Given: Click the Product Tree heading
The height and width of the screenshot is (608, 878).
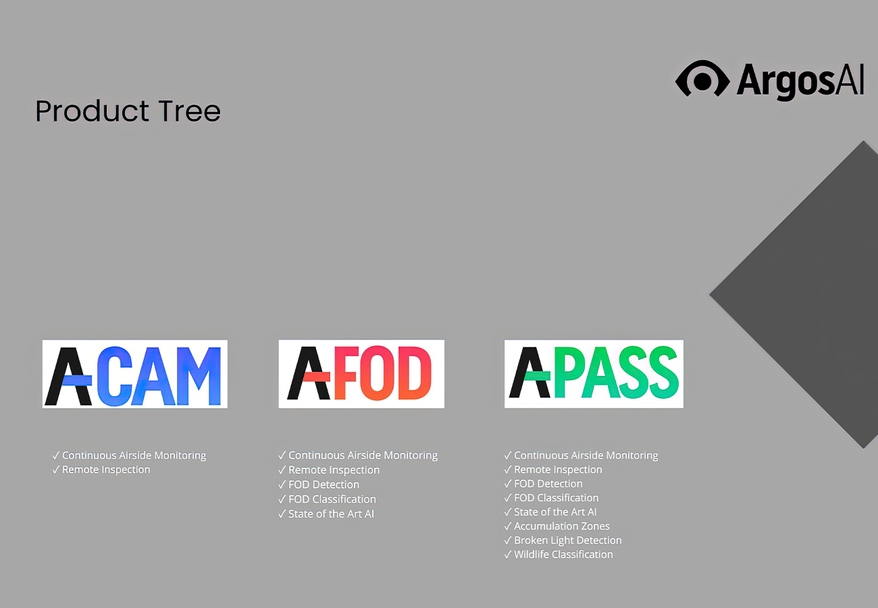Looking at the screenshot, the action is tap(128, 111).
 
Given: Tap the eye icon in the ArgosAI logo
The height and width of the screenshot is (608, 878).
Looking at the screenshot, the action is tap(702, 79).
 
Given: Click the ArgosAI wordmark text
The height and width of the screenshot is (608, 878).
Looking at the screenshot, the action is tap(800, 81).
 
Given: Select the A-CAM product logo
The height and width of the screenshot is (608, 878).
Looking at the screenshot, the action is tap(135, 374).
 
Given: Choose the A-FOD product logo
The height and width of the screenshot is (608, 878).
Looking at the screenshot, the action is tap(361, 374).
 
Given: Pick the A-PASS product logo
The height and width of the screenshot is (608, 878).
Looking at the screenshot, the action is tap(594, 374).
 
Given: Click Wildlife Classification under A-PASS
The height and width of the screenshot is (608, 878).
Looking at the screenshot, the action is tap(563, 555).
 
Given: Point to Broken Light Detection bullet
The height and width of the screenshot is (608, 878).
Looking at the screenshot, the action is tap(567, 540).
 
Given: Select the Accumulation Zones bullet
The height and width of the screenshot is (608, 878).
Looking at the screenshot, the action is tap(562, 526).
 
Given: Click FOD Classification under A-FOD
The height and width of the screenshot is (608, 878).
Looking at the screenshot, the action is tap(332, 499).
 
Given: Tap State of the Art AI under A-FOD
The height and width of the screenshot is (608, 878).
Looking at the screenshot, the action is tap(331, 514).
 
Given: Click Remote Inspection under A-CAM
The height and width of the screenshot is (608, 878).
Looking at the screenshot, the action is tap(106, 470).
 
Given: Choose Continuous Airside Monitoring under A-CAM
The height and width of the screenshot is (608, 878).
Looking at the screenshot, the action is tap(134, 455).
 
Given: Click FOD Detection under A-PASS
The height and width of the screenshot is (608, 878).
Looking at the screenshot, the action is tap(548, 484).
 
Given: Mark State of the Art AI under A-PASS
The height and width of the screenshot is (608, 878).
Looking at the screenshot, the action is tap(555, 512).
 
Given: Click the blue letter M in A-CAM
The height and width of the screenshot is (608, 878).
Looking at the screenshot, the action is tap(199, 376).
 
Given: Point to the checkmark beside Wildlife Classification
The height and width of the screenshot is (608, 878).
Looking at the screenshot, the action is tap(508, 555).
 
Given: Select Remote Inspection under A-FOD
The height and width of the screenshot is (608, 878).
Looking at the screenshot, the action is tap(334, 470).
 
